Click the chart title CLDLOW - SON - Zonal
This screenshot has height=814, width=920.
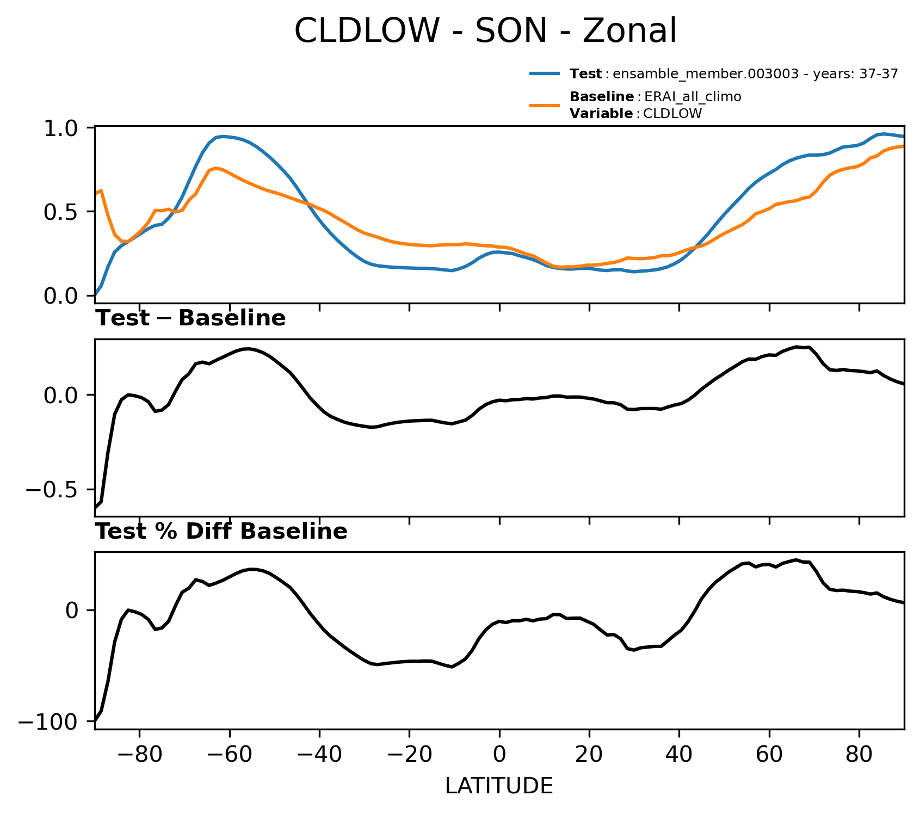click(x=485, y=30)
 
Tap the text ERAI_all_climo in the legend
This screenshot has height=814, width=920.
click(x=693, y=97)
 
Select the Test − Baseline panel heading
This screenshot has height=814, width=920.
click(x=190, y=318)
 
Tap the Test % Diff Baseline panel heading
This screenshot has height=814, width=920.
click(x=221, y=532)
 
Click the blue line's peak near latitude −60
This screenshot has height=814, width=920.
click(x=223, y=136)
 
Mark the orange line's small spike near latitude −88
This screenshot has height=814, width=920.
click(x=102, y=190)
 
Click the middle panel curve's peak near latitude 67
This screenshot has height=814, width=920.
click(x=796, y=347)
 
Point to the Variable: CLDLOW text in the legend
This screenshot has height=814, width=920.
click(x=636, y=114)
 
